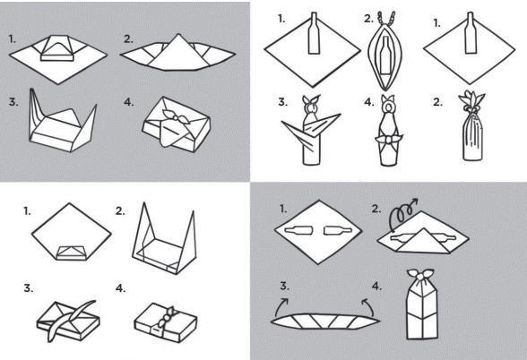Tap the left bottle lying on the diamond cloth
coord(298,230)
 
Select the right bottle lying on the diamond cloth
coord(338,230)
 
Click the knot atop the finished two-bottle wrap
coord(419,274)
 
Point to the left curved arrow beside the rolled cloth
coord(281,305)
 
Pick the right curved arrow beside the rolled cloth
coord(368,306)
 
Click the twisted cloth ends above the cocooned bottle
coord(386,20)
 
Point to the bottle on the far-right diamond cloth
coord(471,33)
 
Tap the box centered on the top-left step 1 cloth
coord(57,48)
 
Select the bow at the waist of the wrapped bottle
coord(389,139)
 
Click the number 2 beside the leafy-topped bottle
coord(437,102)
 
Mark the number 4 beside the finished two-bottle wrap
coord(376,287)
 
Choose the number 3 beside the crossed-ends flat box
coord(29,288)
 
